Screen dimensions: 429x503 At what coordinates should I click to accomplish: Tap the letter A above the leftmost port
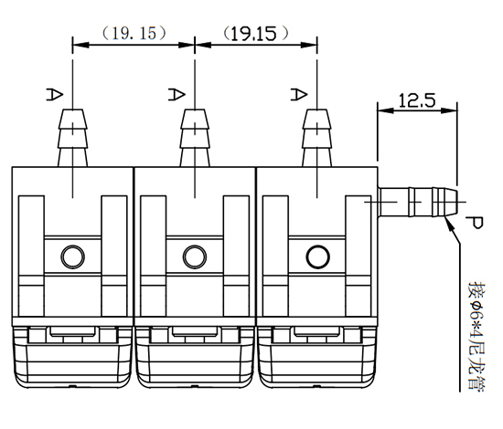(x=54, y=93)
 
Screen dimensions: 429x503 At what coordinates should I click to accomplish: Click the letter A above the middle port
(x=176, y=93)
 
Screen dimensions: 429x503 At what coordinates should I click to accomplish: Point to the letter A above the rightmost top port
(x=297, y=93)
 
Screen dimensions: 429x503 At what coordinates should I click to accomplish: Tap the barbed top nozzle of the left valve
(x=72, y=138)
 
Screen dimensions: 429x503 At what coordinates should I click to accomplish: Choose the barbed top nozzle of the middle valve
(x=194, y=138)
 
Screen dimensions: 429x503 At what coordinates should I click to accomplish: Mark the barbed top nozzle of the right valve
(x=316, y=138)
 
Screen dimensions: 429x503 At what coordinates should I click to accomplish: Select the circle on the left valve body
(x=70, y=256)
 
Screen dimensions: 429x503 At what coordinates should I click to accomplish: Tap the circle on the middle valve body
(x=193, y=256)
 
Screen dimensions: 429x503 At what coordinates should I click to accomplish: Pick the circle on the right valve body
(x=316, y=256)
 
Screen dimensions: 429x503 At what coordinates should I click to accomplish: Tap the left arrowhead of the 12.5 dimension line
(x=382, y=110)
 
